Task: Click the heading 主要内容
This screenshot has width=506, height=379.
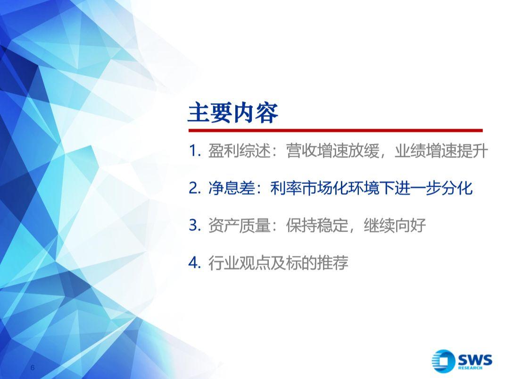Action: [232, 113]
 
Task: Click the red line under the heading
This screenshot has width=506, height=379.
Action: [335, 131]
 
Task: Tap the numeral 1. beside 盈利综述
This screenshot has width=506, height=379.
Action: [195, 151]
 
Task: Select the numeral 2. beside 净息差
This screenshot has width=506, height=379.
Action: [195, 188]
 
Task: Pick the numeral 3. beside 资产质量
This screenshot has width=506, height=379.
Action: [195, 225]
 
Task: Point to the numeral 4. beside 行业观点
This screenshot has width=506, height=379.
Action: [195, 263]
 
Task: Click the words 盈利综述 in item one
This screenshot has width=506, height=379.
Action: [239, 151]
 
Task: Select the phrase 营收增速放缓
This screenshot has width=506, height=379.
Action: [332, 151]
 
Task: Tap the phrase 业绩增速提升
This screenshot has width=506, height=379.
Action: [441, 151]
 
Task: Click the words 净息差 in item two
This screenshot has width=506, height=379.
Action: [232, 188]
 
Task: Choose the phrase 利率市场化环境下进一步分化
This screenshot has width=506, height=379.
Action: [372, 188]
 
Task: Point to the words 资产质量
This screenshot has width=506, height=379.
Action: [239, 225]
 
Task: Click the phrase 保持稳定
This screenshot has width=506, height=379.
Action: [317, 225]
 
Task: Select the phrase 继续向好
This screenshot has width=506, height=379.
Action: [395, 225]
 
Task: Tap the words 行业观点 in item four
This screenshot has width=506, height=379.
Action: [239, 263]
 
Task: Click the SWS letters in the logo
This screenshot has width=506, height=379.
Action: [475, 359]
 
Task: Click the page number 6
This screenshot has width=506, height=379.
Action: [32, 368]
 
